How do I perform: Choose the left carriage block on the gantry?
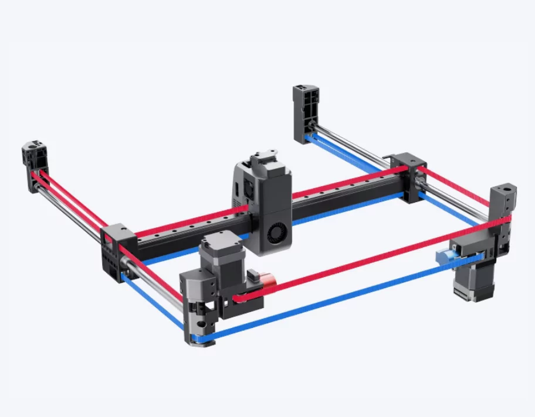(116, 249)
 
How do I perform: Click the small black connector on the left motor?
(253, 275)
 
